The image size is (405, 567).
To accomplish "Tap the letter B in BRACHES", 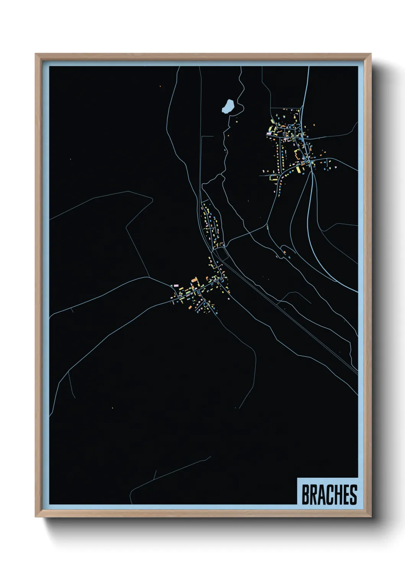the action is click(306, 495).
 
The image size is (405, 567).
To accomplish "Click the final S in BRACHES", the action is click(353, 495).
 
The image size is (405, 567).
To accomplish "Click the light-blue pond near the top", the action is click(228, 106).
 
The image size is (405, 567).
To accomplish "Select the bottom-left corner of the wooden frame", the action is click(36, 516).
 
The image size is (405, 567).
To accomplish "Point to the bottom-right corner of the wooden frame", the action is click(370, 516).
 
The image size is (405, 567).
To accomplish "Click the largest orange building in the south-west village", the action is click(194, 283).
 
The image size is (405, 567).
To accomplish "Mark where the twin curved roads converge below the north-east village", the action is click(312, 172).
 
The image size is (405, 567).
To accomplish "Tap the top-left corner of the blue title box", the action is click(297, 478).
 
